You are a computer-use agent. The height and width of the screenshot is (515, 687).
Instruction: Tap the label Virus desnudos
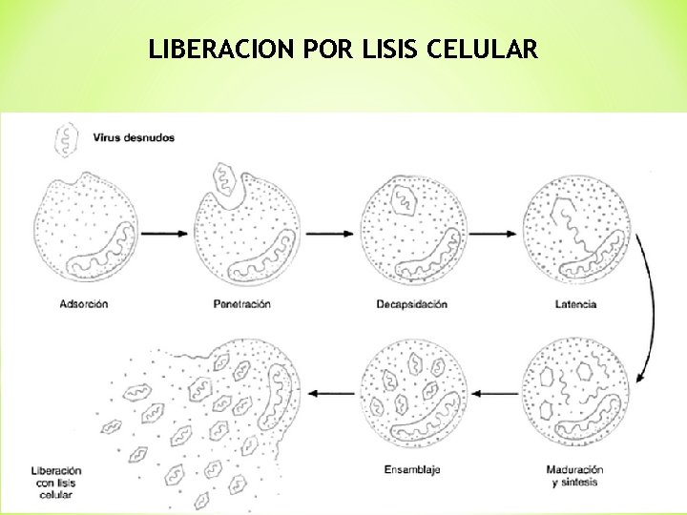(134, 137)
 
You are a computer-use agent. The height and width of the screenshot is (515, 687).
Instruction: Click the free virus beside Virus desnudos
(66, 139)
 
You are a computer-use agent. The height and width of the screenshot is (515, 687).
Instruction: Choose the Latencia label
(574, 304)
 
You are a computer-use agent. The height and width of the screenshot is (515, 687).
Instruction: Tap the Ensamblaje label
(411, 469)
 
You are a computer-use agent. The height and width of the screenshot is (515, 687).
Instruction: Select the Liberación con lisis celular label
(55, 483)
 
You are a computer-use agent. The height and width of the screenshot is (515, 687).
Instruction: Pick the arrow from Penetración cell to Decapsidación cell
(329, 232)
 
